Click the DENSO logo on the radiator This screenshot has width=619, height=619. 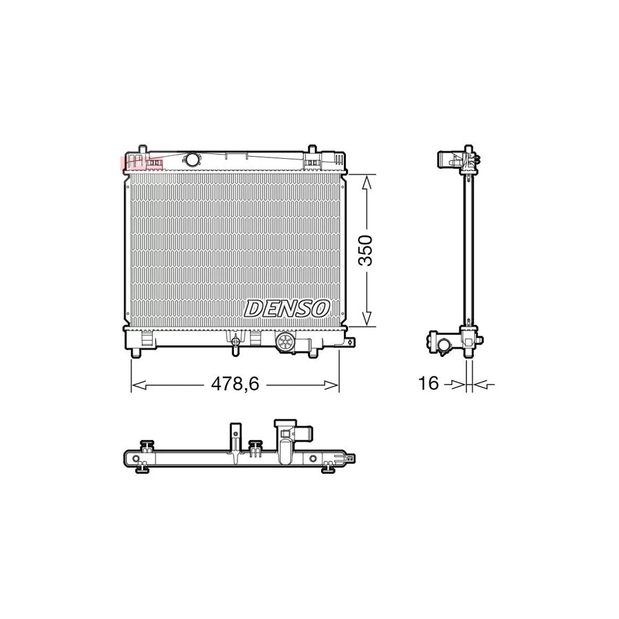[x=287, y=309]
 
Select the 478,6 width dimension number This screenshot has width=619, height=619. [x=235, y=384]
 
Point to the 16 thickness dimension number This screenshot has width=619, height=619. [x=428, y=383]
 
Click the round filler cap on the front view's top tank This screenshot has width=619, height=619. [x=192, y=160]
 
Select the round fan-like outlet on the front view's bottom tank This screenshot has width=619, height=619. [x=284, y=341]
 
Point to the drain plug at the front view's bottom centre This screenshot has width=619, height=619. [x=236, y=343]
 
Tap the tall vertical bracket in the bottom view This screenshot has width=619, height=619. [x=235, y=437]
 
